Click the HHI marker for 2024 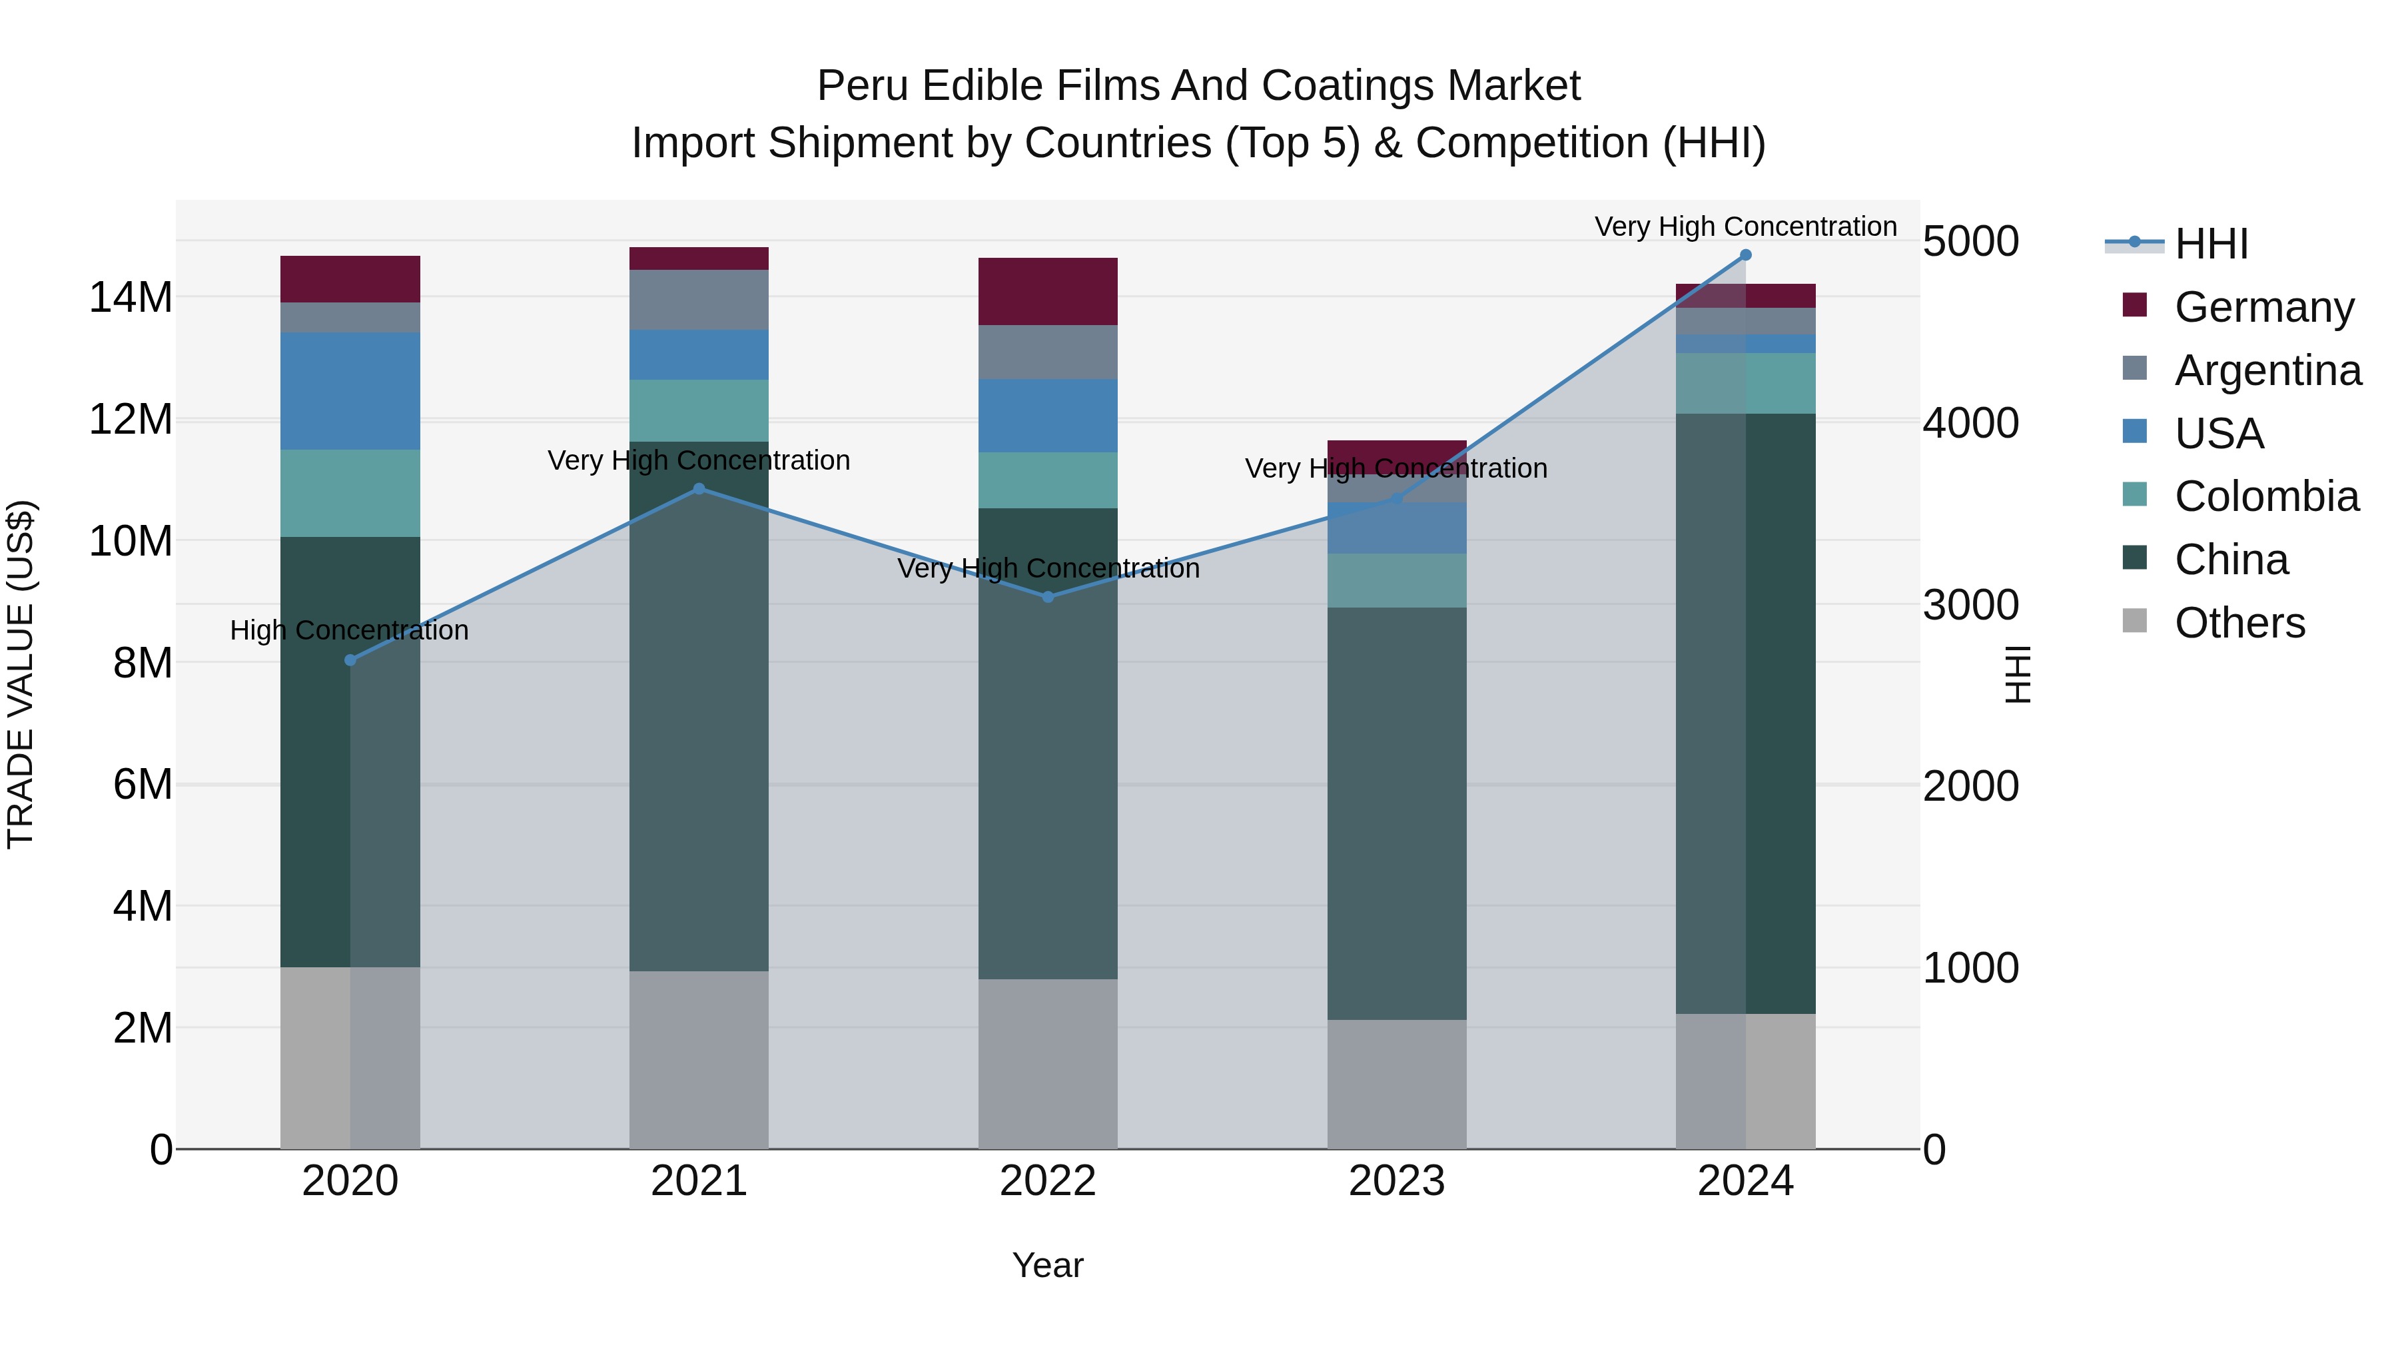1745,255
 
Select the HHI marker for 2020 350,660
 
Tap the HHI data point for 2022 1048,597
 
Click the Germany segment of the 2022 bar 1048,291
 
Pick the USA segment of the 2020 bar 350,391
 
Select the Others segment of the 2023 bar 1396,1085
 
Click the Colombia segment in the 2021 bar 699,410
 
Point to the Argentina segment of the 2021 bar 699,300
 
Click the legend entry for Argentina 2267,370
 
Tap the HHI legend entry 2211,244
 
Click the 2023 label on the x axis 1396,1181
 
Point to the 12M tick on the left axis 131,420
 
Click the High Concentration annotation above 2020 349,630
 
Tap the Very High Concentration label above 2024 1745,226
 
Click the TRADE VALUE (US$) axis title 21,674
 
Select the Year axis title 1048,1265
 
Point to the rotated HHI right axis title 2016,674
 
